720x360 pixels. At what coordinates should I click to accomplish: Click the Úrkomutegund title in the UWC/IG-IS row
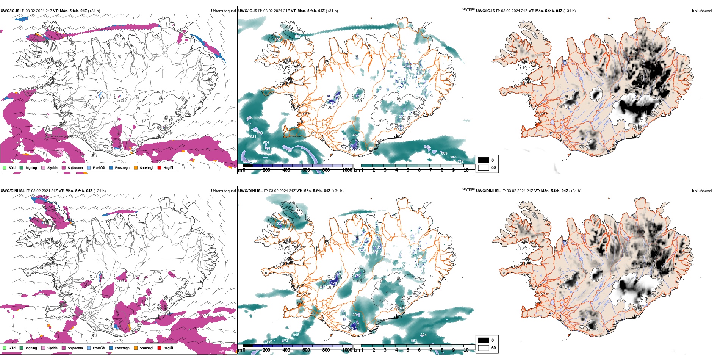point(223,11)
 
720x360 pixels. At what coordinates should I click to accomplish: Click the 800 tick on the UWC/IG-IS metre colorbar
point(326,170)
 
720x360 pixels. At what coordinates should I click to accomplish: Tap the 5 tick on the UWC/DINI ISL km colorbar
point(408,350)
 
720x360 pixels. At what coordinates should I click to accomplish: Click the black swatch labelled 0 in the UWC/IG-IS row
point(484,160)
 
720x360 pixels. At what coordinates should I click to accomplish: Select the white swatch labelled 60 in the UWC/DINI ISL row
point(484,347)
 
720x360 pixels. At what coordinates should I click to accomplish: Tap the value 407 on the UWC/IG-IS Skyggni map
point(277,39)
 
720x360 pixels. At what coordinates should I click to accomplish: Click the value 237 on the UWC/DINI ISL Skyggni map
point(280,224)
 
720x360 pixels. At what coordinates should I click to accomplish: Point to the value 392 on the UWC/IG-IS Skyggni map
point(407,66)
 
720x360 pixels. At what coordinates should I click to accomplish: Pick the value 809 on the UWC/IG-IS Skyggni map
point(444,153)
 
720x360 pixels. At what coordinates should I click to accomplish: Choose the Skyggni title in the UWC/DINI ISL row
point(468,189)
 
